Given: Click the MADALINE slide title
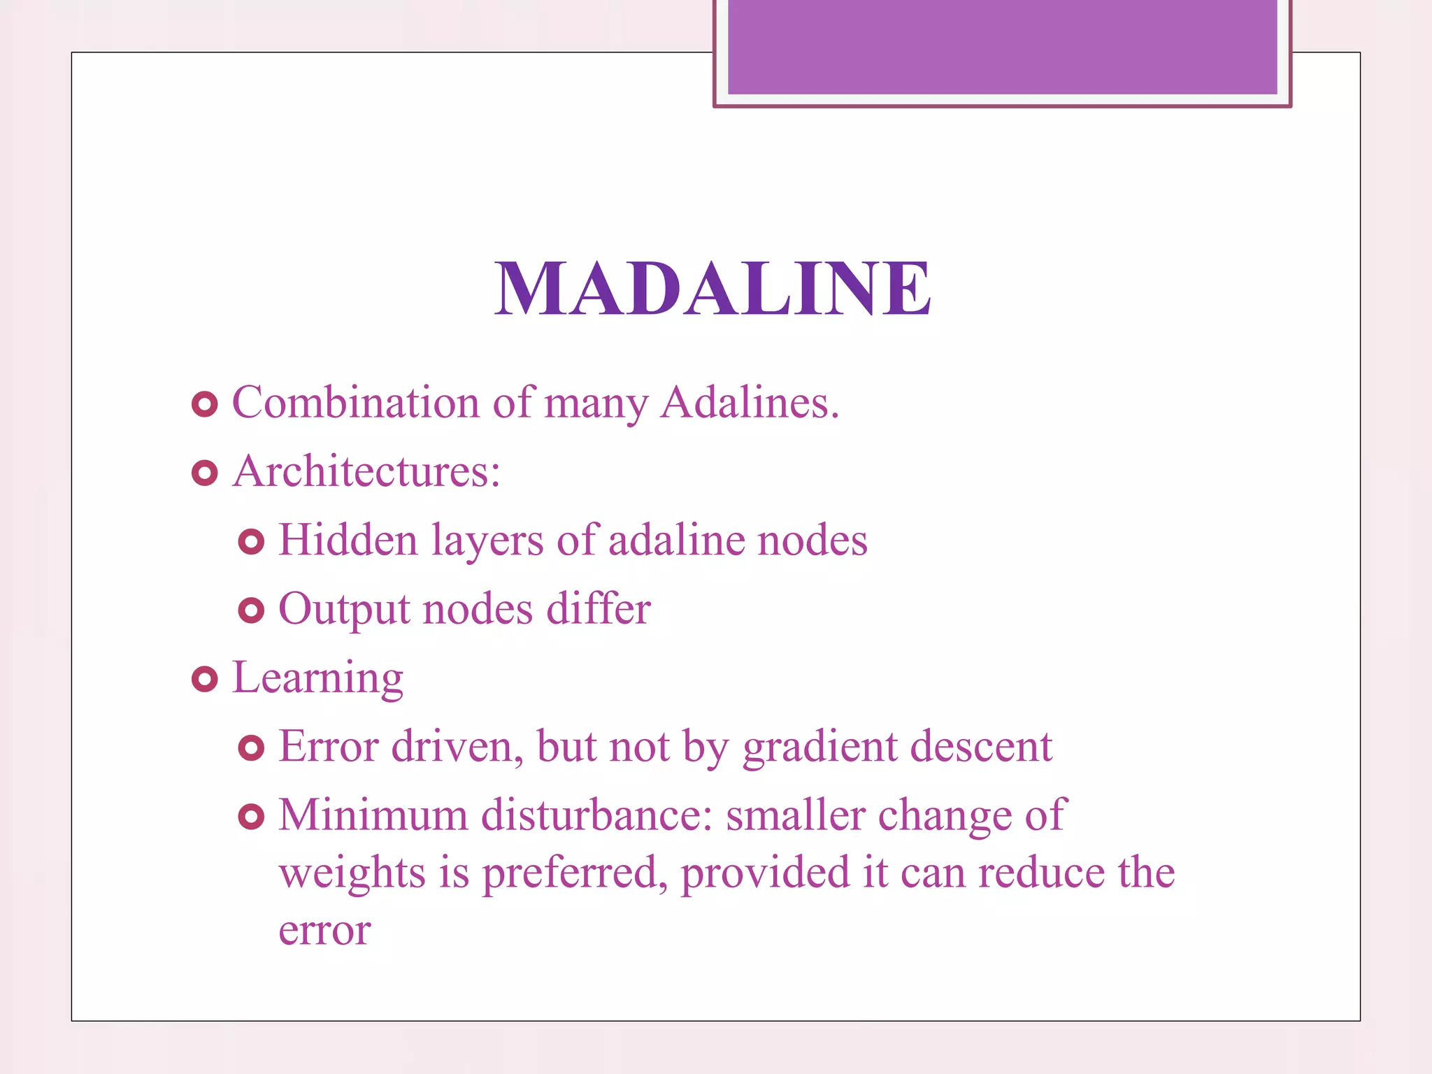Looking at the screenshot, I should tap(713, 288).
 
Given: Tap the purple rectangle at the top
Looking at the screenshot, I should tap(1002, 46).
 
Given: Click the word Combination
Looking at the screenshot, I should tap(355, 403).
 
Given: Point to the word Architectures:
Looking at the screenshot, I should tap(366, 471).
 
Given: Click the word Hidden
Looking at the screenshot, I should tap(348, 540).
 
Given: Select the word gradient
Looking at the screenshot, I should tap(819, 747).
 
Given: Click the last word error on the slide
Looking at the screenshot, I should tap(324, 931).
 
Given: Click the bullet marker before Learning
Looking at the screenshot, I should tap(204, 679).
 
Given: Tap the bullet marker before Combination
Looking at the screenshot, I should tap(204, 404).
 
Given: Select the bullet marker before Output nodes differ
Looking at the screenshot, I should tap(251, 610).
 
